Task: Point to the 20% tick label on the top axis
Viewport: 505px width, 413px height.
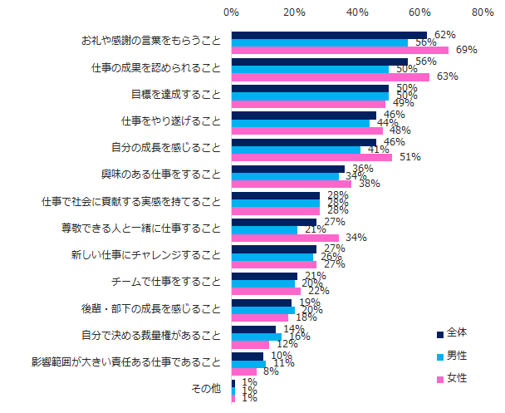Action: point(295,12)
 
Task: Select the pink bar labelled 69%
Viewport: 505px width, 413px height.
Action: point(340,51)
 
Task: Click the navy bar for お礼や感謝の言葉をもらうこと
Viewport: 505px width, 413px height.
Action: point(329,35)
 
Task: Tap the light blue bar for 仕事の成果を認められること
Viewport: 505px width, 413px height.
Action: point(310,69)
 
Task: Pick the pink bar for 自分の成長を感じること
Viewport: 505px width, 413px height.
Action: point(311,157)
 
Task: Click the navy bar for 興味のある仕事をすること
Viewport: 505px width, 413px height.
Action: point(288,169)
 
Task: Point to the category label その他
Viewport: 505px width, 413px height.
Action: point(206,388)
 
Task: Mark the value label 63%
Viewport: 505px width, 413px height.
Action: point(448,76)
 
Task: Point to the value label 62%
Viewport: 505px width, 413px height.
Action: point(445,34)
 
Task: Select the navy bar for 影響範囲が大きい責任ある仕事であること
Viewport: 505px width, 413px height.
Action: point(248,356)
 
